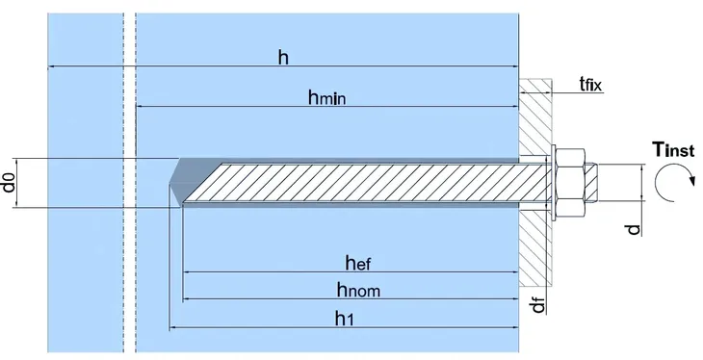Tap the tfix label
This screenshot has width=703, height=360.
click(x=589, y=85)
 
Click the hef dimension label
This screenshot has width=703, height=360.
click(x=359, y=261)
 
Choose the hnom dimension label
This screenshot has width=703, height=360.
click(x=358, y=288)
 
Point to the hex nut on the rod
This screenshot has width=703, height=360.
click(x=574, y=182)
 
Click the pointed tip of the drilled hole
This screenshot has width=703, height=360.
click(x=171, y=183)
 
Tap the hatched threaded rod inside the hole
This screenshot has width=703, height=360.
click(x=366, y=183)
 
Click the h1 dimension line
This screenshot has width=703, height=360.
click(x=347, y=329)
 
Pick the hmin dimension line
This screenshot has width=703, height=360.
click(x=327, y=107)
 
